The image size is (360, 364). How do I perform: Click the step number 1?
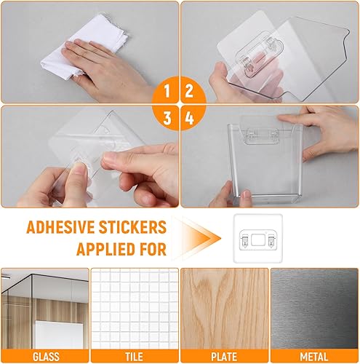[x=167, y=91]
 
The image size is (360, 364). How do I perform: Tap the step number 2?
[x=191, y=91]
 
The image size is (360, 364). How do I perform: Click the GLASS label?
[x=45, y=356]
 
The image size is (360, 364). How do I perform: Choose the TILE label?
[x=135, y=356]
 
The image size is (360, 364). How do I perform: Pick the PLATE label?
[x=224, y=356]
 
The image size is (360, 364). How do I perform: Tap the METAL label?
[x=314, y=356]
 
